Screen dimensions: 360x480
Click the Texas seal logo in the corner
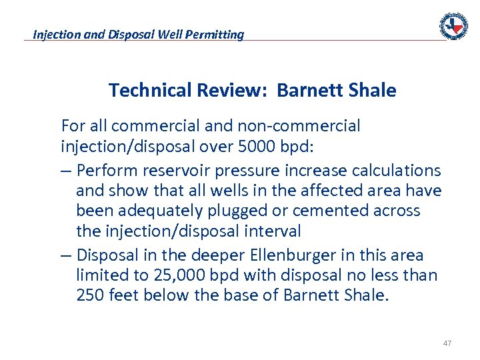453,26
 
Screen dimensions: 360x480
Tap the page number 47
447,343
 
